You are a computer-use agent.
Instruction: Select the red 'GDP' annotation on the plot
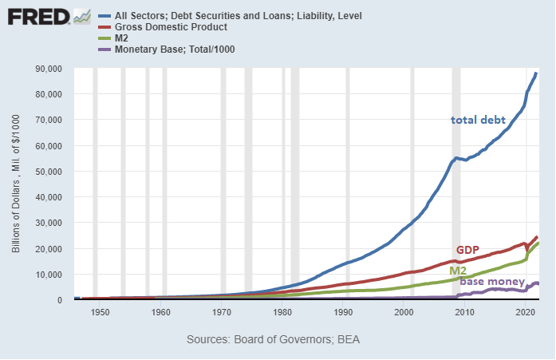coord(467,251)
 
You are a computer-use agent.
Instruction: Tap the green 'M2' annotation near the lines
coord(458,271)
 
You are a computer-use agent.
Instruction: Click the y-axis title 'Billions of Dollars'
coord(15,184)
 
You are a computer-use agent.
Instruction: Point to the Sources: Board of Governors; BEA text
coord(273,339)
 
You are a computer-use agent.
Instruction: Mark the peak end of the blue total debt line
coord(536,73)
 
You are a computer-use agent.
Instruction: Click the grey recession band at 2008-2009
coord(456,184)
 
